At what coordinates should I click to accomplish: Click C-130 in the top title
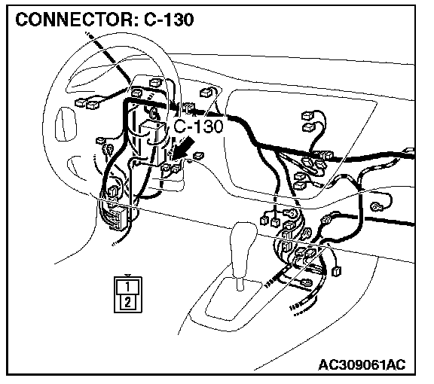point(169,20)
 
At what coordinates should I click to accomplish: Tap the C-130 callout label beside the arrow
point(198,126)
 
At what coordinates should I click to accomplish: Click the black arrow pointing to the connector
point(182,149)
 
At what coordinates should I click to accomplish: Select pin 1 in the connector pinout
point(127,287)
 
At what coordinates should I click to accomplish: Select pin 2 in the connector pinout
point(127,302)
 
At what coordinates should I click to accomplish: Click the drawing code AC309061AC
point(362,364)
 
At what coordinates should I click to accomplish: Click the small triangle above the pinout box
point(127,276)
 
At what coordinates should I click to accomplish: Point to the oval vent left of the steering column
point(65,124)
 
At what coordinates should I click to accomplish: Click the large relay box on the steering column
point(153,142)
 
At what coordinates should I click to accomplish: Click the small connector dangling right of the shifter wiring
point(336,271)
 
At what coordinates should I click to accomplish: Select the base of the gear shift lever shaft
point(240,284)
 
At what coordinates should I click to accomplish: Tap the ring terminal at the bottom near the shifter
point(307,283)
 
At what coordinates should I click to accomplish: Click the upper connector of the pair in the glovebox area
point(308,115)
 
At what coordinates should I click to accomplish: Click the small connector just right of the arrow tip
point(199,156)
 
